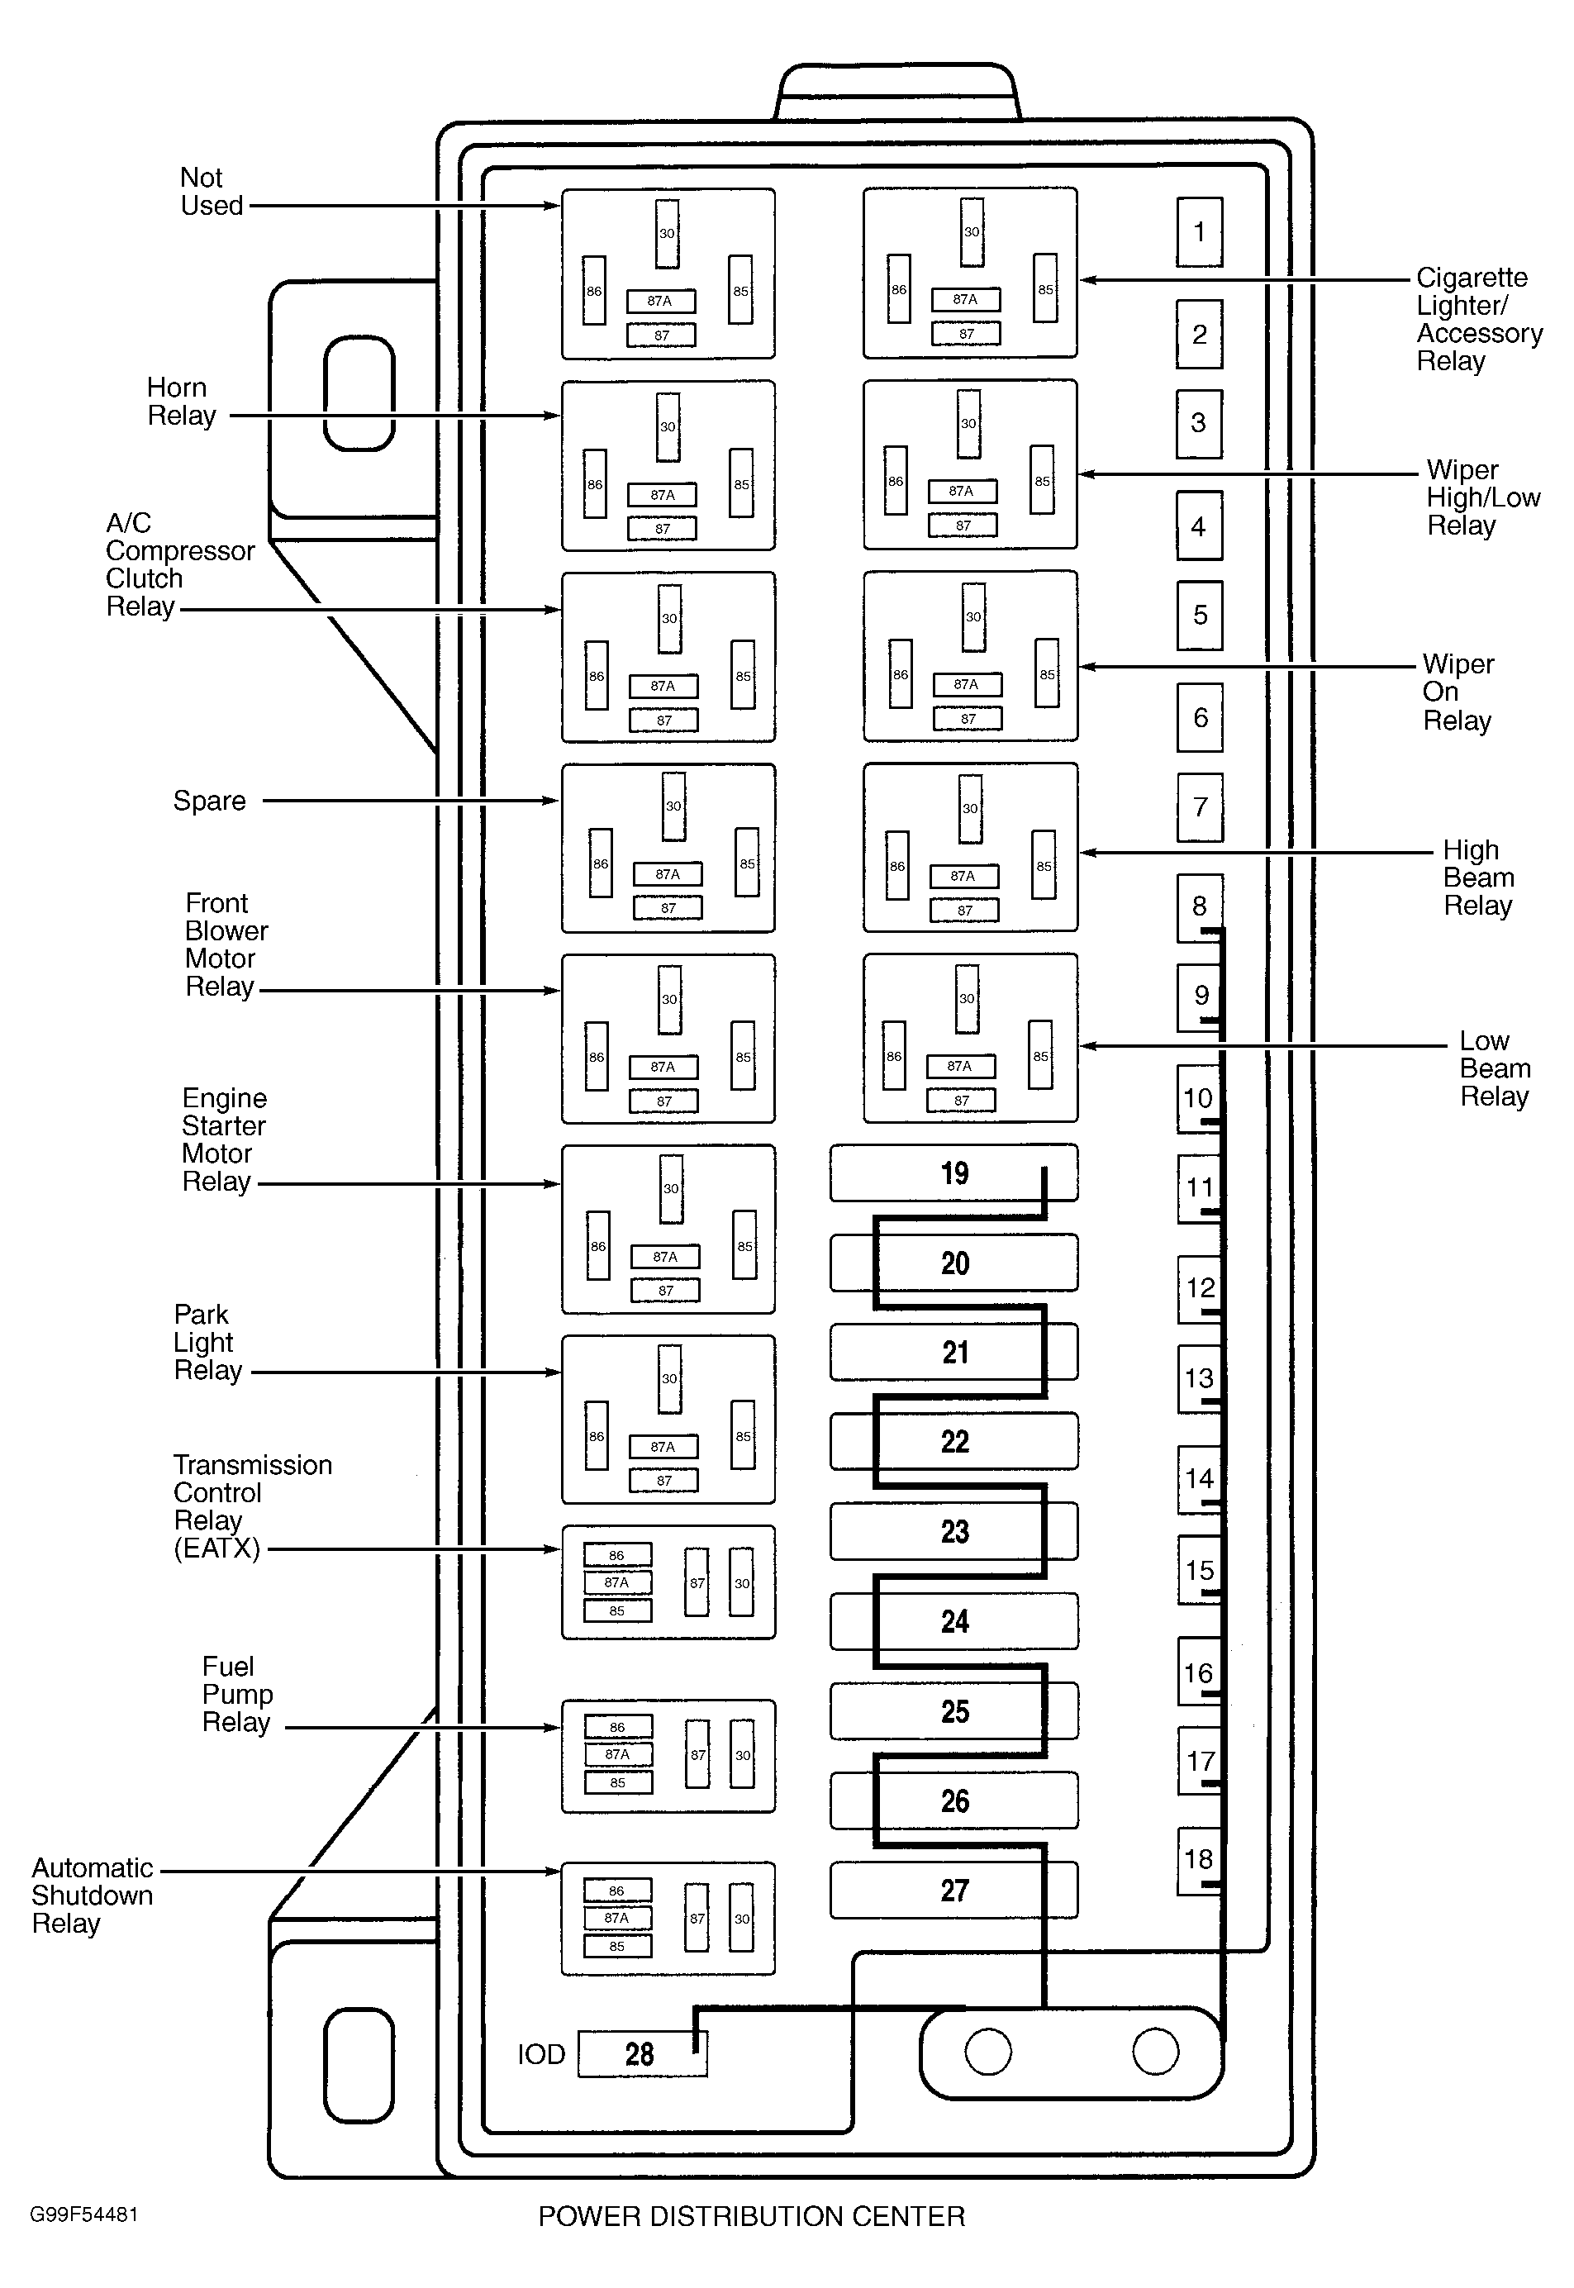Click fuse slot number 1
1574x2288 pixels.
click(1199, 231)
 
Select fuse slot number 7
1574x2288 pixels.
click(1199, 806)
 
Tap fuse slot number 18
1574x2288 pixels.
click(1199, 1861)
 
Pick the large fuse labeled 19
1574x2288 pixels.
click(953, 1173)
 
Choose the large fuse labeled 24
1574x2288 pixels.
click(953, 1621)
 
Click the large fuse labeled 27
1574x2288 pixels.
click(953, 1890)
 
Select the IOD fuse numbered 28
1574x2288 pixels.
click(642, 2053)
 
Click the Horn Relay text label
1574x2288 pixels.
click(182, 402)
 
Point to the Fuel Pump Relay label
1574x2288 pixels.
click(236, 1694)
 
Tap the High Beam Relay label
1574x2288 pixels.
click(1478, 878)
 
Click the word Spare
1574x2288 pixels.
click(209, 801)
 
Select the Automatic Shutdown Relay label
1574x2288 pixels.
click(93, 1896)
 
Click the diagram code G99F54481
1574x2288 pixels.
click(83, 2214)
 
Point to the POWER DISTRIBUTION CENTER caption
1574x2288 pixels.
click(752, 2216)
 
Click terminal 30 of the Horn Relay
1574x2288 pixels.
click(668, 427)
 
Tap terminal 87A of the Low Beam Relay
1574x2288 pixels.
click(959, 1066)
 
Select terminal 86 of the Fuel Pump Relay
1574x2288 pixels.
click(617, 1727)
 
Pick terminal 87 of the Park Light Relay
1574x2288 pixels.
click(663, 1480)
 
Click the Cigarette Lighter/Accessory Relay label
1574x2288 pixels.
click(1479, 320)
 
